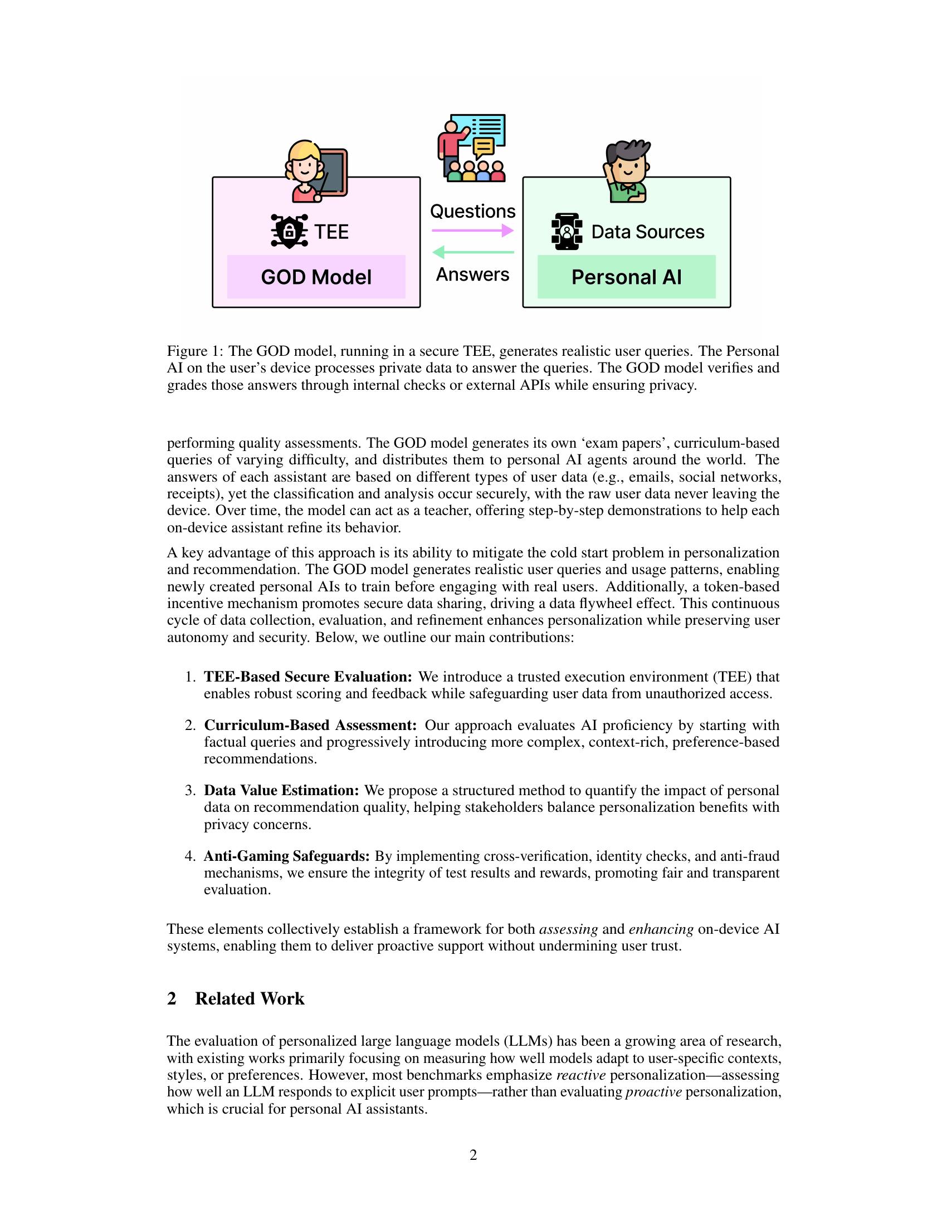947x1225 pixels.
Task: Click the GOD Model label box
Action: pyautogui.click(x=316, y=277)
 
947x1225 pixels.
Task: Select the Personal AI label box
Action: pyautogui.click(x=626, y=277)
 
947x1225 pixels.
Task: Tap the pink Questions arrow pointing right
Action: pyautogui.click(x=472, y=230)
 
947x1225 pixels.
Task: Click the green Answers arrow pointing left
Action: pyautogui.click(x=473, y=252)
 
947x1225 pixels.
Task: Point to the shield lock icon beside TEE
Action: pyautogui.click(x=289, y=231)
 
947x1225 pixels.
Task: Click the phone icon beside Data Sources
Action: pyautogui.click(x=567, y=231)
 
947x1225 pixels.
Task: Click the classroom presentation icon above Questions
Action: pyautogui.click(x=472, y=148)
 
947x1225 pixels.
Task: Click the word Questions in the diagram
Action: pyautogui.click(x=472, y=212)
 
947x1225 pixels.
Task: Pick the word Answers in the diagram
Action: pyautogui.click(x=472, y=275)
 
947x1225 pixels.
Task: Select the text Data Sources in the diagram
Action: pyautogui.click(x=647, y=232)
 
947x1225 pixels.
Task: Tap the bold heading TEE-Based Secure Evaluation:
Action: pyautogui.click(x=308, y=677)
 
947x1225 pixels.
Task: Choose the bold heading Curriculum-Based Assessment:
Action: pyautogui.click(x=310, y=725)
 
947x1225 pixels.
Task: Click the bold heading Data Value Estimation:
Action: pyautogui.click(x=281, y=790)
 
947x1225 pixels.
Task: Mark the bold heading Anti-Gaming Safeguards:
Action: pyautogui.click(x=286, y=856)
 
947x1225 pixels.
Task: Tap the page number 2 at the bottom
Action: pyautogui.click(x=473, y=1155)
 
